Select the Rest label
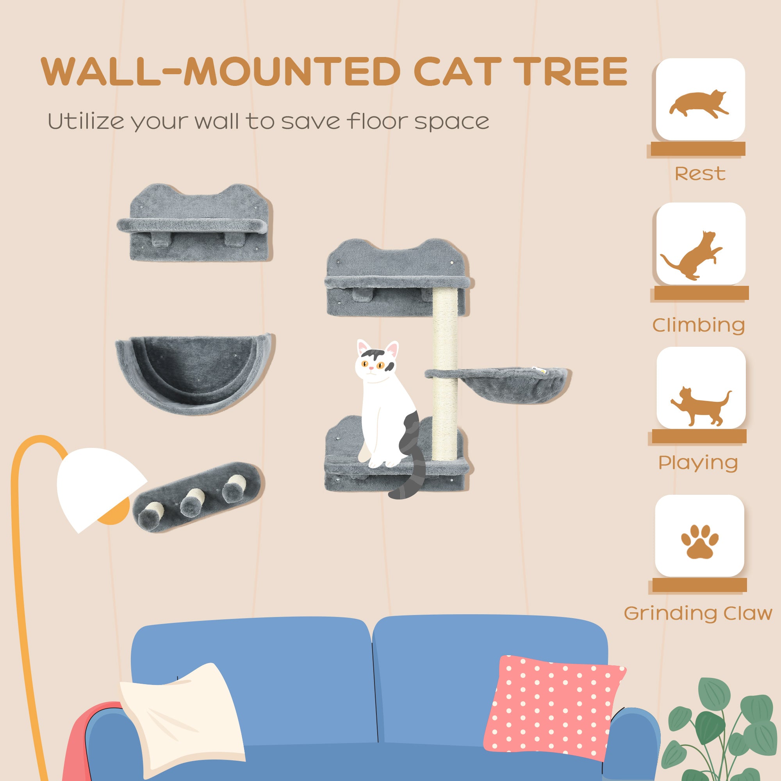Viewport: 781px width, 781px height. click(x=700, y=174)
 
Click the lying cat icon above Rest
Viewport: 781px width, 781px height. click(x=699, y=103)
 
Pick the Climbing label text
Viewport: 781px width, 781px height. click(x=699, y=325)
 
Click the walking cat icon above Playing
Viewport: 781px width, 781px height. click(x=700, y=406)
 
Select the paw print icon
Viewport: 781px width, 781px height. click(x=699, y=542)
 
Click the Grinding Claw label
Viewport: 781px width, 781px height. click(x=698, y=613)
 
